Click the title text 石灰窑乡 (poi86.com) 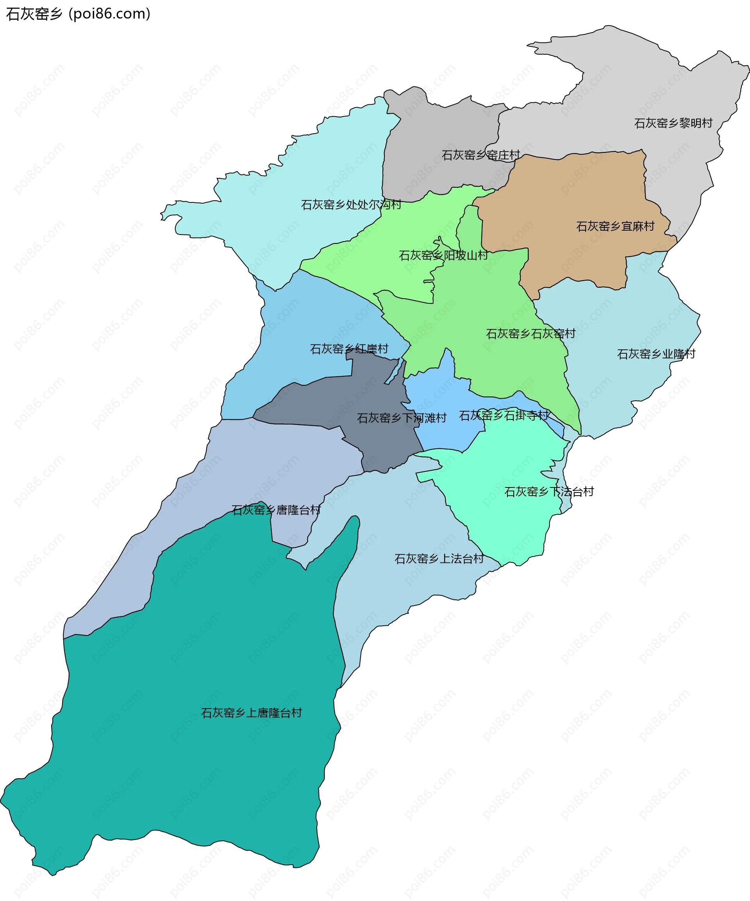pos(78,14)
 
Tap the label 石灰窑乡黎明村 pos(673,123)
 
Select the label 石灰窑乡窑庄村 pos(481,155)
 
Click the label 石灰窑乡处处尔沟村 pos(351,205)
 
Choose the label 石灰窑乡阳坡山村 pos(443,255)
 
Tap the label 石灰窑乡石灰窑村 pos(530,333)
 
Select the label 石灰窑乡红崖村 pos(349,349)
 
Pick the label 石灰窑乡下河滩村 pos(402,417)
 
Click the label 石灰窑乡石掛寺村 pos(504,415)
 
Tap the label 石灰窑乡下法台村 pos(549,491)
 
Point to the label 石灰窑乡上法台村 pos(439,558)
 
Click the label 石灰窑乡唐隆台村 pos(276,510)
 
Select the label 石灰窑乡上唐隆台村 pos(251,713)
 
